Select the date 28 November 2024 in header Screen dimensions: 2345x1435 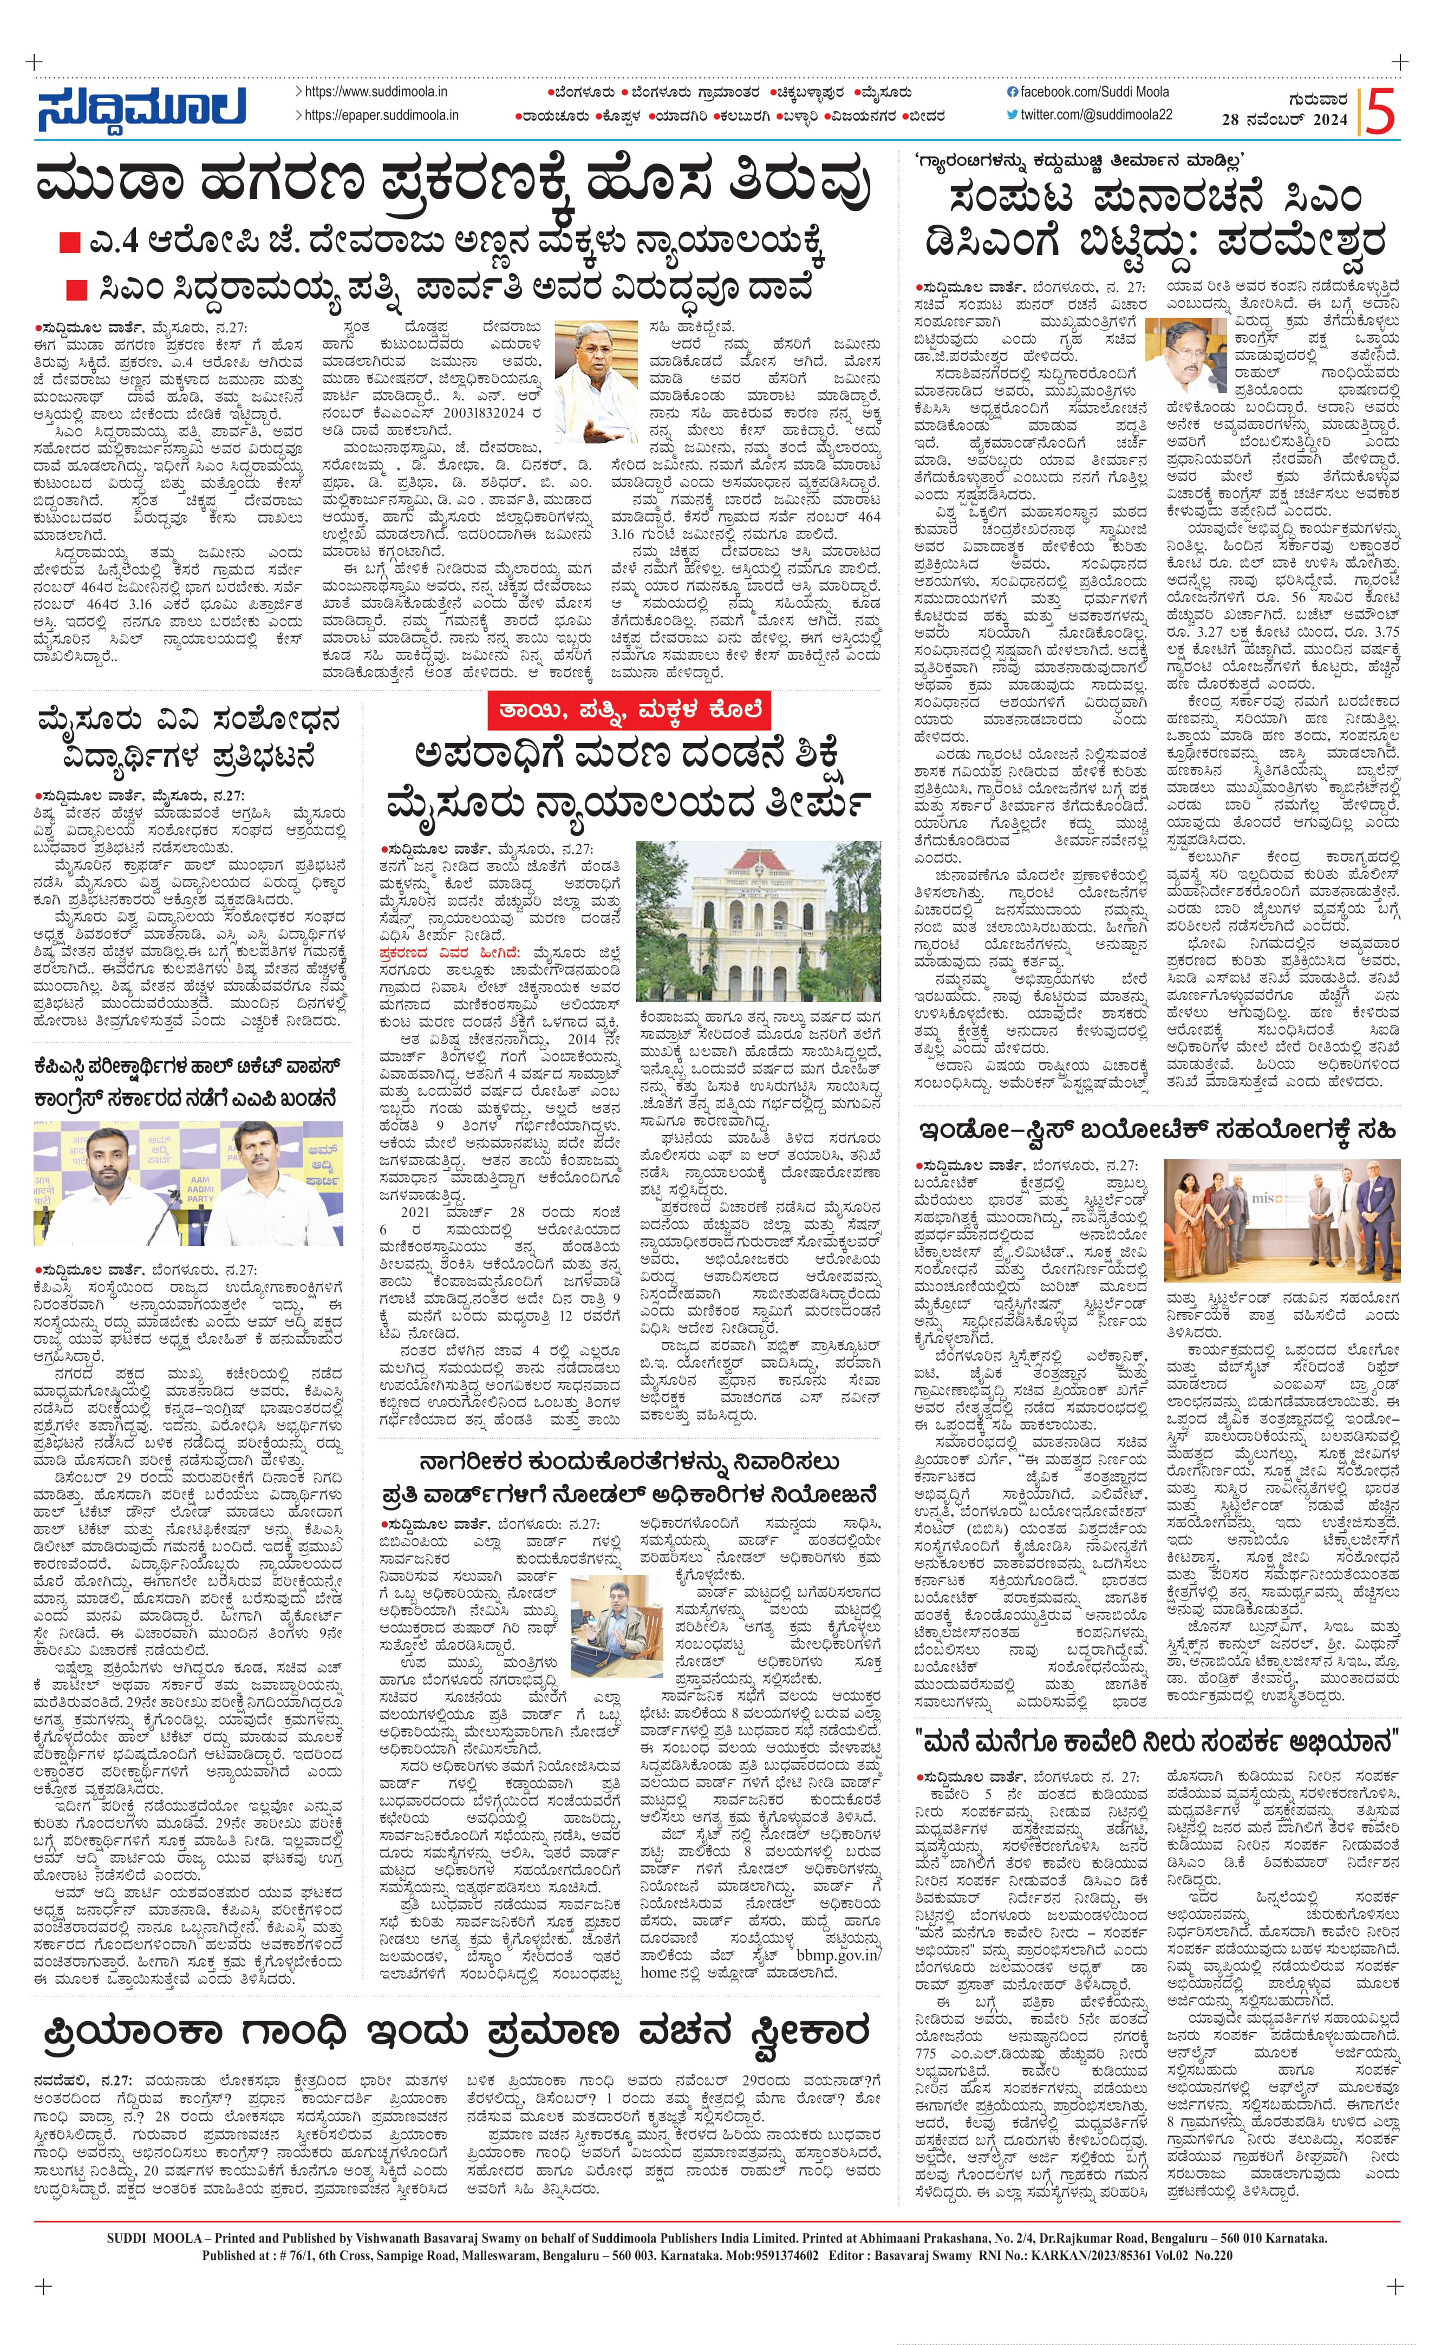point(1284,120)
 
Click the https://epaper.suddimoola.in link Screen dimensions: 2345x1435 point(381,115)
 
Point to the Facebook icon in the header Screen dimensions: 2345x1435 point(1012,92)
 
